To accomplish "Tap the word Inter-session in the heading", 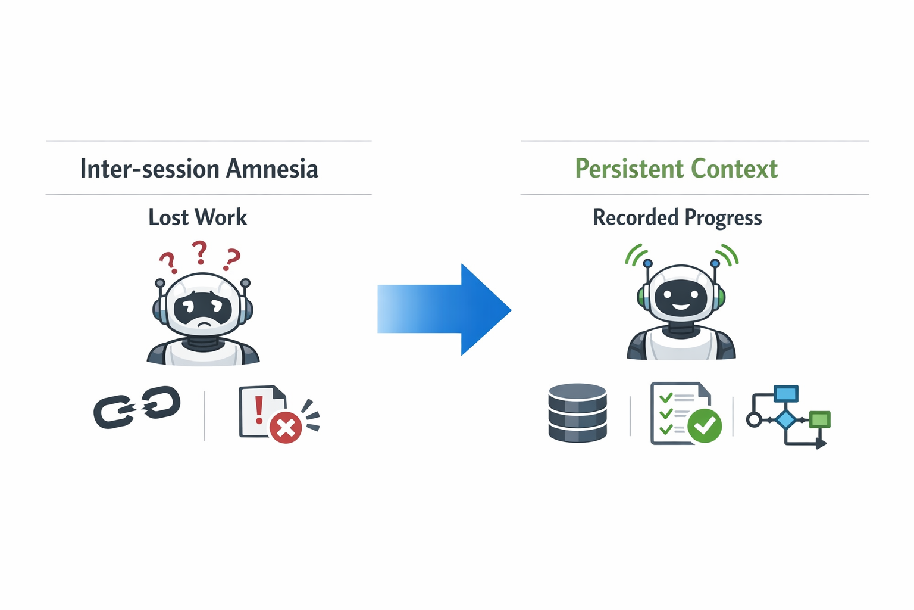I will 149,169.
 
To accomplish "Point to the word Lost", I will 168,217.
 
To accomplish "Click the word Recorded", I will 636,217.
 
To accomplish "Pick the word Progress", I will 723,218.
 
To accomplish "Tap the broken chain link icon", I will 137,407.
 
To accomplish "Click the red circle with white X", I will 286,427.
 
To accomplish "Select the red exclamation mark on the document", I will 259,409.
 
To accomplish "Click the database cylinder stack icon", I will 577,413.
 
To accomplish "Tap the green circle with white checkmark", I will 705,425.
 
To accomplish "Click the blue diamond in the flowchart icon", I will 786,419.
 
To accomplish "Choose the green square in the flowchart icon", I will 820,419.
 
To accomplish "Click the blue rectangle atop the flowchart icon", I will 786,394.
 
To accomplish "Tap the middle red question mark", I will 200,252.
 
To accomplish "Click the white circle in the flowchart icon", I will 753,419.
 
